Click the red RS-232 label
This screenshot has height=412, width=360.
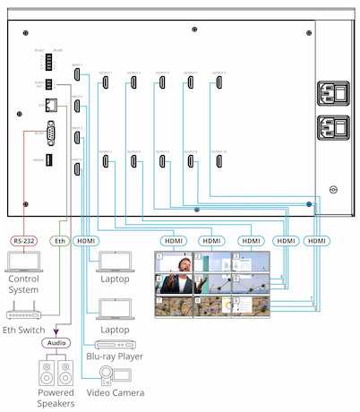23,241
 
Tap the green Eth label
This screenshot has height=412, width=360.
59,241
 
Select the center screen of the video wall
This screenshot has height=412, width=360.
211,284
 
